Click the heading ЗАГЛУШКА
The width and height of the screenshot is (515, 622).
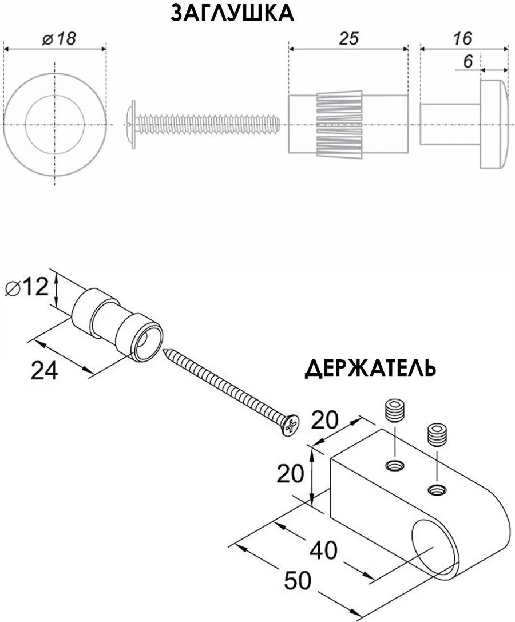[232, 14]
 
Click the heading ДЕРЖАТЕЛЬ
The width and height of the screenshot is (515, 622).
[370, 369]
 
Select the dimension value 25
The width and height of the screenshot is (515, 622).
[348, 38]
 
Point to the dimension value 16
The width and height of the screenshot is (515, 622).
[462, 38]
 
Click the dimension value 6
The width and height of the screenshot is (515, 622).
[468, 61]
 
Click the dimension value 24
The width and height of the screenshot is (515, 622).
[45, 370]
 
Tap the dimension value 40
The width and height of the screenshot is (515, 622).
[324, 550]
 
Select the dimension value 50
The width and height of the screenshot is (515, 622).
[298, 581]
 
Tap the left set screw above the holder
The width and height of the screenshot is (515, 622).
[395, 412]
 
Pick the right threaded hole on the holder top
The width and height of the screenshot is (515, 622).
[437, 490]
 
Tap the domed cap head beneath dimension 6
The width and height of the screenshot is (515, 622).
[494, 123]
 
